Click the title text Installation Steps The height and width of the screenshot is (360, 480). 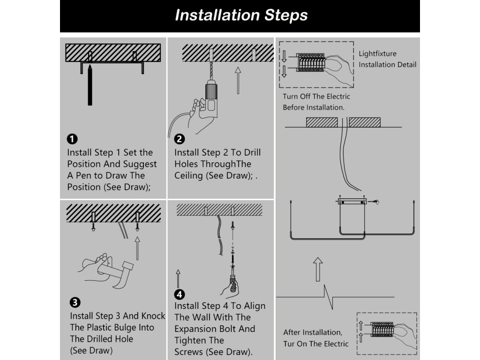tap(241, 15)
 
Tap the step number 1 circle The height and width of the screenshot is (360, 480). tap(72, 139)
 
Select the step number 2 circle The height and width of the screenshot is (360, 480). tap(180, 139)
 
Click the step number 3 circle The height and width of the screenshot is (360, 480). tap(75, 302)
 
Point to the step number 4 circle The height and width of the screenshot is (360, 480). tap(180, 294)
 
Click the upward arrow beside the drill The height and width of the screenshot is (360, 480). tap(238, 80)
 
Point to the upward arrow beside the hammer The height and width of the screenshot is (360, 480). tap(137, 248)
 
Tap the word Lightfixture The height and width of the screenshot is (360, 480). tap(377, 54)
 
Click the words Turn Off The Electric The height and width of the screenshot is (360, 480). tap(316, 97)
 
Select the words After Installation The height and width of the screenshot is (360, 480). tap(312, 332)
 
